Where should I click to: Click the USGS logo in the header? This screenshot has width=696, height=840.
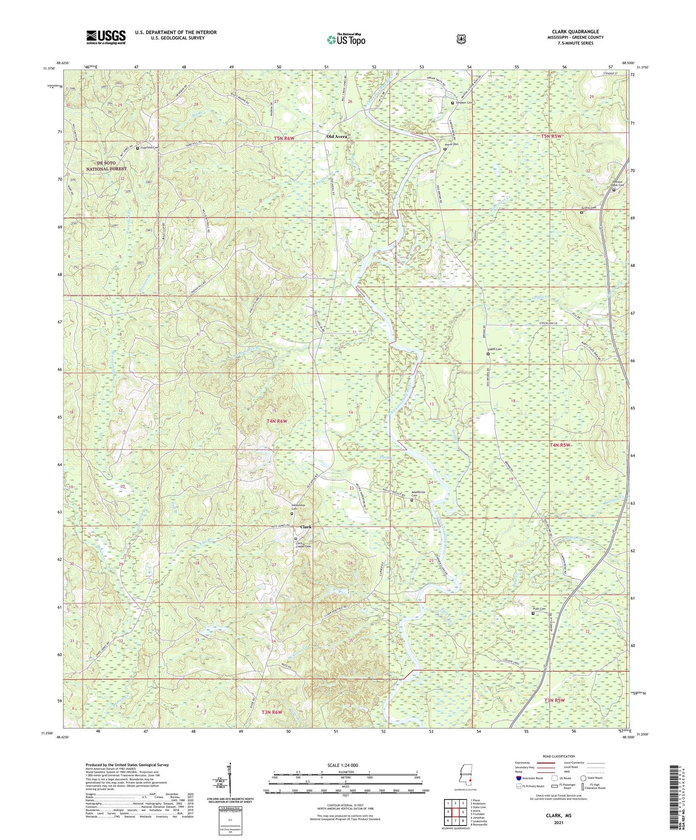coord(106,37)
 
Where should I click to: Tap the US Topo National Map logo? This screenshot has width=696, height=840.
coord(345,40)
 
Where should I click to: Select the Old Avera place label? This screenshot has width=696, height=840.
coord(337,137)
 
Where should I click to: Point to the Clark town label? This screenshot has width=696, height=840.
coord(306,527)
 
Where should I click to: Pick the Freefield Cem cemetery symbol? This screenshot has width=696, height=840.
coord(137,148)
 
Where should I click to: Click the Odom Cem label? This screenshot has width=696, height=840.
coord(496,349)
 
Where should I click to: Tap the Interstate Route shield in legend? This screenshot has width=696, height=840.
coord(518,777)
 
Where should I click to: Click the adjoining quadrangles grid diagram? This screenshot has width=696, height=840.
coord(455,813)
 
